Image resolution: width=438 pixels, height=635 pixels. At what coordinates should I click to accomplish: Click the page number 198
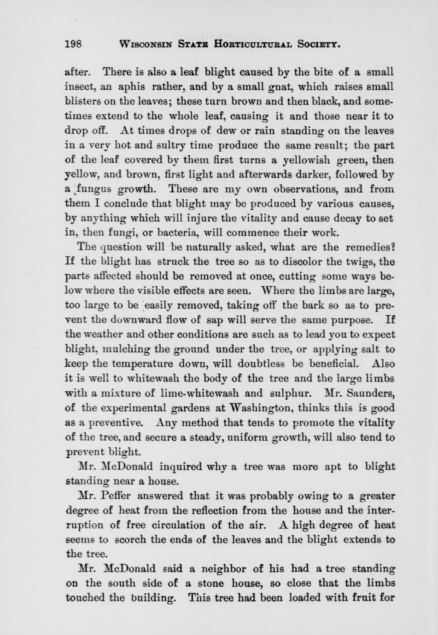click(73, 44)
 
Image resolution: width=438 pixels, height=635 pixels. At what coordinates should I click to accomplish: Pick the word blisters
click(82, 101)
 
